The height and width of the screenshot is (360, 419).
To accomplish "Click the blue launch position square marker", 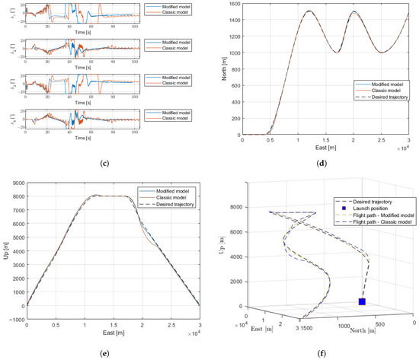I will pyautogui.click(x=362, y=302).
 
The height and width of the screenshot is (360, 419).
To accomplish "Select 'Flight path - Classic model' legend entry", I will pyautogui.click(x=379, y=221).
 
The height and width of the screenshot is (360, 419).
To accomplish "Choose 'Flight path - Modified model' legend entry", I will pyautogui.click(x=379, y=215).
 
